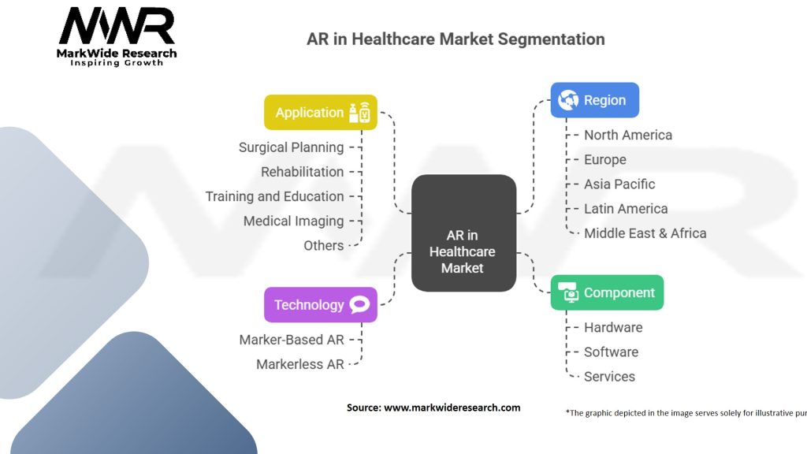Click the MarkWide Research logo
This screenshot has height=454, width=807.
(117, 35)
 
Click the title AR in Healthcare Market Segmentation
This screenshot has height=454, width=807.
(456, 39)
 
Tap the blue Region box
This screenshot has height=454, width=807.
(594, 100)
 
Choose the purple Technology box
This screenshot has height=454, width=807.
(320, 304)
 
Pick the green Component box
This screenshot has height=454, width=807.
(607, 292)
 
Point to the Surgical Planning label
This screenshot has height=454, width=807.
(291, 147)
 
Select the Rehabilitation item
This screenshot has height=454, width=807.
(302, 171)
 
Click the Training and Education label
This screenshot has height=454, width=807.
(274, 196)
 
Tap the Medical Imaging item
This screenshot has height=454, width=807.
(293, 221)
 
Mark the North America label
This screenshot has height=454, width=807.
(627, 135)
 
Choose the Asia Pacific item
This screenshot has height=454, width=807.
(619, 184)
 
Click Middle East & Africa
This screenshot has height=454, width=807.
(645, 233)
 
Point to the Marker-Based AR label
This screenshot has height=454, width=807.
(292, 340)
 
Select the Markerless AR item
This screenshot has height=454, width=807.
(299, 364)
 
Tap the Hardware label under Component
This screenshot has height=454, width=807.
(612, 327)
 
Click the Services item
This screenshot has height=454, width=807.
(609, 376)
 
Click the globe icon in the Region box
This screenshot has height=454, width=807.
(567, 100)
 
